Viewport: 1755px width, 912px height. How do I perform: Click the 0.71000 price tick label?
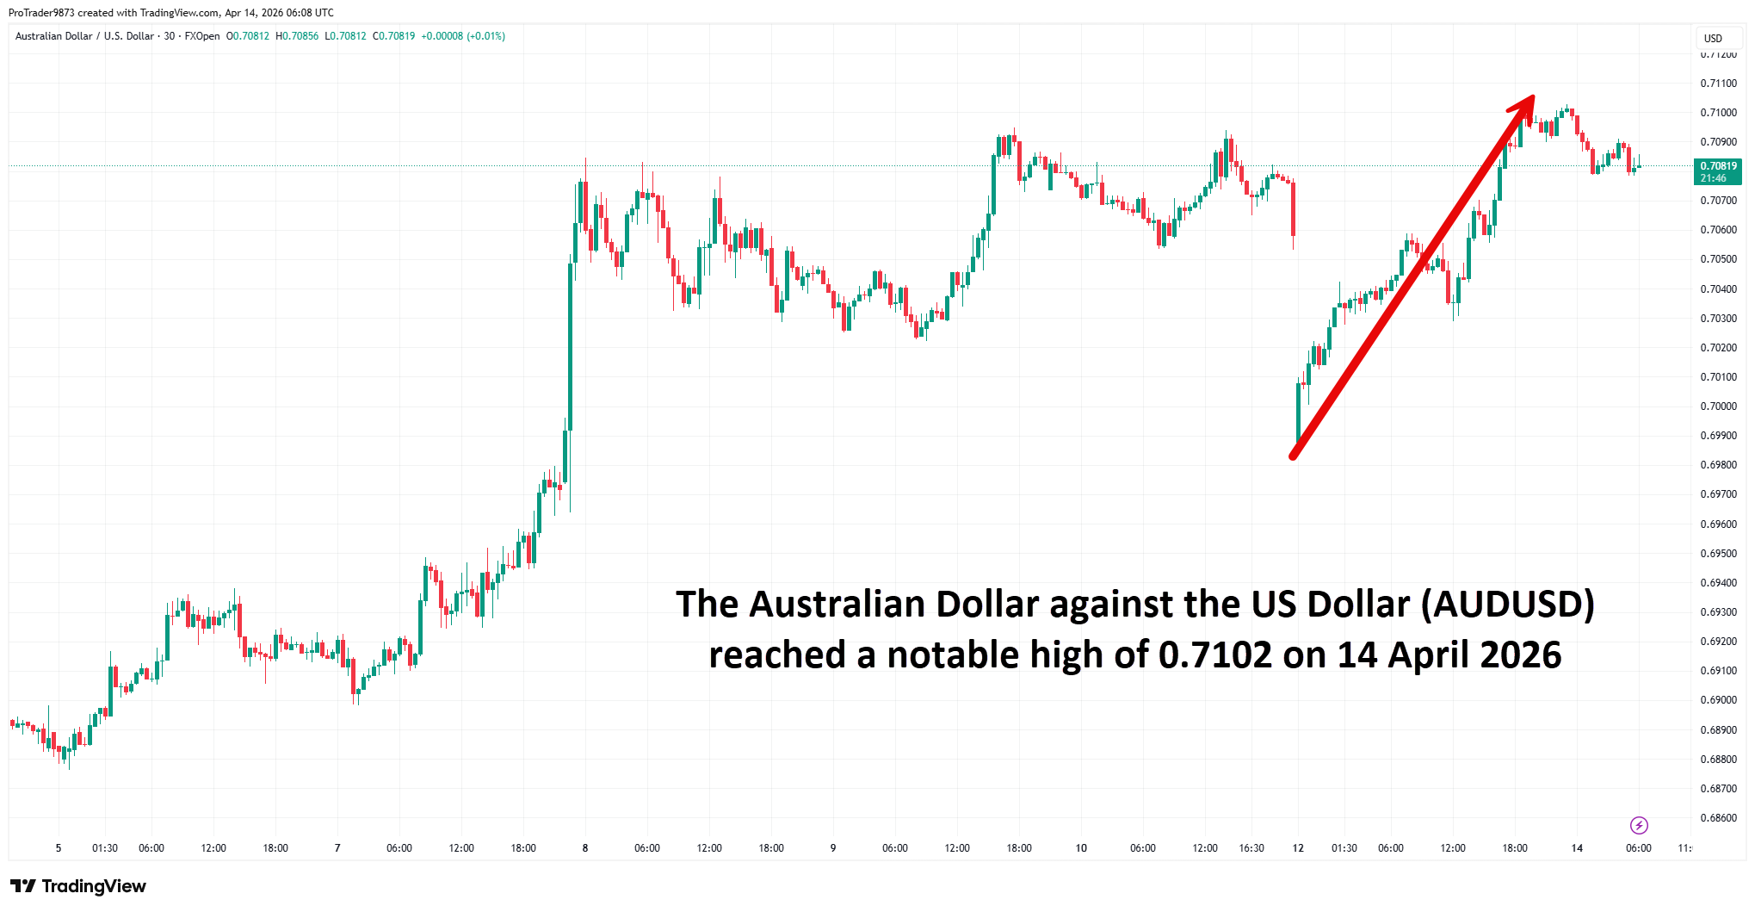[1718, 113]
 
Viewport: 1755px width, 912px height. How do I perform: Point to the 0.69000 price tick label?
[1718, 700]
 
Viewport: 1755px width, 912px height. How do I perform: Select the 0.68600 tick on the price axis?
[1718, 818]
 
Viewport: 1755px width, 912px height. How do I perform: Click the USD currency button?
[1713, 39]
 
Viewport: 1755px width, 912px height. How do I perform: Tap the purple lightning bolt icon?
[1639, 826]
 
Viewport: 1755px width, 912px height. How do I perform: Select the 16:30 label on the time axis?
[1251, 848]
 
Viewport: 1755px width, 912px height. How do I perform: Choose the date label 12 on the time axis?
[1298, 848]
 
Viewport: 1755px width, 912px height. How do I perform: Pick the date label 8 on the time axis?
[585, 848]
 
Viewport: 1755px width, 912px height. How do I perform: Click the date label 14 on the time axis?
[1577, 848]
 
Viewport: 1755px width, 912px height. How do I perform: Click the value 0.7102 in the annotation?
[1214, 655]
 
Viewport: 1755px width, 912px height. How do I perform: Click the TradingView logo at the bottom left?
[78, 886]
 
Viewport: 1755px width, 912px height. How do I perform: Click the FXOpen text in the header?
[202, 36]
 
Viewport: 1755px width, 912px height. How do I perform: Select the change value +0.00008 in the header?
[442, 36]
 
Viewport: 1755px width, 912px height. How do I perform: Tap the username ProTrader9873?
[41, 13]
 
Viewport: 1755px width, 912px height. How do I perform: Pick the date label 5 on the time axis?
[59, 848]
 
